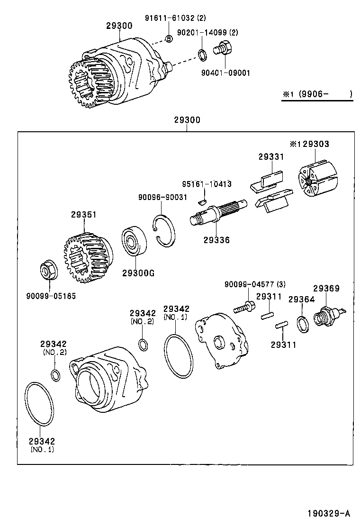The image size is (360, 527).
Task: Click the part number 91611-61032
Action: coord(170,18)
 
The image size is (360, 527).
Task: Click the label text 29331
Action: coord(270,157)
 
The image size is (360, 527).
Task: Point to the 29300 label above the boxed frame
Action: coord(187,120)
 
